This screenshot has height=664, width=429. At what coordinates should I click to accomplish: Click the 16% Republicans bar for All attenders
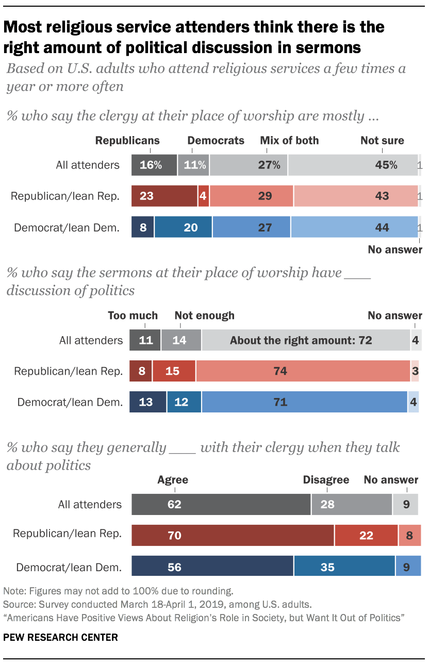154,165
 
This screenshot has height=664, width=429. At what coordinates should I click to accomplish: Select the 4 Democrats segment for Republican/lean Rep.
204,196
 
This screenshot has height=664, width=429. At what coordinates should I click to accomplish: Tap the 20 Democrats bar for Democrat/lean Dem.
183,227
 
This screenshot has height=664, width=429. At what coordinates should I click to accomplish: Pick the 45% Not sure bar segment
353,165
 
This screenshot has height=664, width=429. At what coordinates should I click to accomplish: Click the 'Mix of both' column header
289,140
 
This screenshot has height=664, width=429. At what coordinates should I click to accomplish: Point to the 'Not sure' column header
382,140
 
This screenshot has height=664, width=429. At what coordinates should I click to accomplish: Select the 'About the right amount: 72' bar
306,340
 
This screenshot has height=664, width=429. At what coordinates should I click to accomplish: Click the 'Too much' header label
133,316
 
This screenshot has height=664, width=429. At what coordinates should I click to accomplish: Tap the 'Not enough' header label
204,316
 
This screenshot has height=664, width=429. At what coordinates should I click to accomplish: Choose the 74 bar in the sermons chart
303,371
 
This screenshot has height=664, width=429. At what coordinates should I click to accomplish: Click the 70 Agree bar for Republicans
233,536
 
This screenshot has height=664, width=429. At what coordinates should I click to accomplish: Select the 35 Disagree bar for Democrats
344,567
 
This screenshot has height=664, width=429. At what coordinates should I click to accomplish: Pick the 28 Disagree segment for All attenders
352,504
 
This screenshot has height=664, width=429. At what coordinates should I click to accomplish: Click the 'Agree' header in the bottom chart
173,480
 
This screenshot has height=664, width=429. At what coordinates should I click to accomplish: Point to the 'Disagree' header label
326,480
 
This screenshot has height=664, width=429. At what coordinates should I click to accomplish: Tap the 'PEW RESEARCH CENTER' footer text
60,637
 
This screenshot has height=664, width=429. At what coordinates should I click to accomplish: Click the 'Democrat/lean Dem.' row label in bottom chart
69,568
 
